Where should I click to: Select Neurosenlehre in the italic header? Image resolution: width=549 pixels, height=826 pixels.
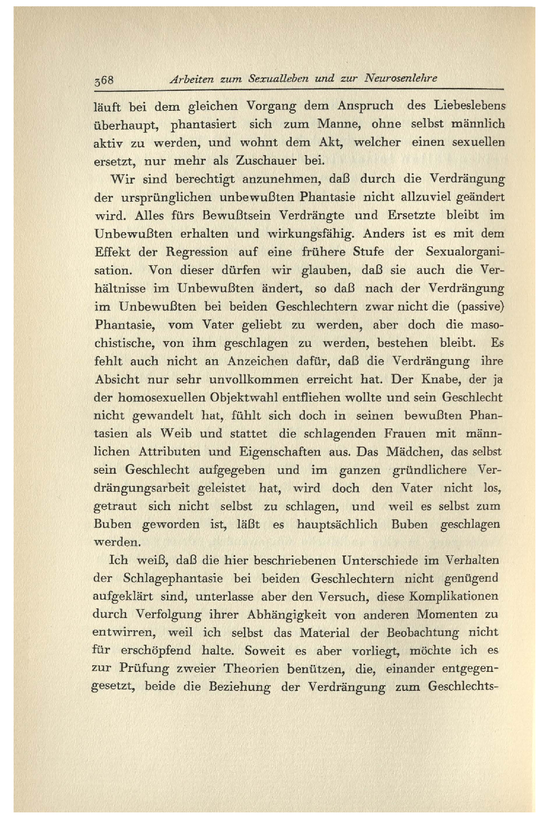tap(400, 78)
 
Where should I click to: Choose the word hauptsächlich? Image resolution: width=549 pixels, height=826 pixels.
tap(337, 525)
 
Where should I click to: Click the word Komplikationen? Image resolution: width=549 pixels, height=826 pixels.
tap(453, 597)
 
